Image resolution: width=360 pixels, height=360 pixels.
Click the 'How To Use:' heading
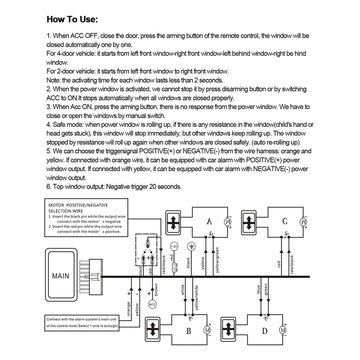tap(72, 19)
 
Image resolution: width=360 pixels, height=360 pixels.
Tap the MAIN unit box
tap(60, 276)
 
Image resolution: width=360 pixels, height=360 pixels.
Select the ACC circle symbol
tap(152, 304)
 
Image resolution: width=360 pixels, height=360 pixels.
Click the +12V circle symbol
tap(174, 246)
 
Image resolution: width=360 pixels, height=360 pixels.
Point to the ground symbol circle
tap(191, 246)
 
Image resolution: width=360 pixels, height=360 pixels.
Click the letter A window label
tap(209, 221)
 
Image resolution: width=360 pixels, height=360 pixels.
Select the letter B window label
tap(188, 331)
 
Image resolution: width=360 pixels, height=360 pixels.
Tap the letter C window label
tap(285, 221)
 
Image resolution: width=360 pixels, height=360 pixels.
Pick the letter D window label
tap(264, 331)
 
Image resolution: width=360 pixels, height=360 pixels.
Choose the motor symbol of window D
tap(283, 330)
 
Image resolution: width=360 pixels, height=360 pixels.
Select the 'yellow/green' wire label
tap(218, 260)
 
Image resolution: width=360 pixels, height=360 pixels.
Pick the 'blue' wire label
tap(258, 289)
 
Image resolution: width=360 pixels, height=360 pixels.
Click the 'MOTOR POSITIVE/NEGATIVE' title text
tap(78, 205)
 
